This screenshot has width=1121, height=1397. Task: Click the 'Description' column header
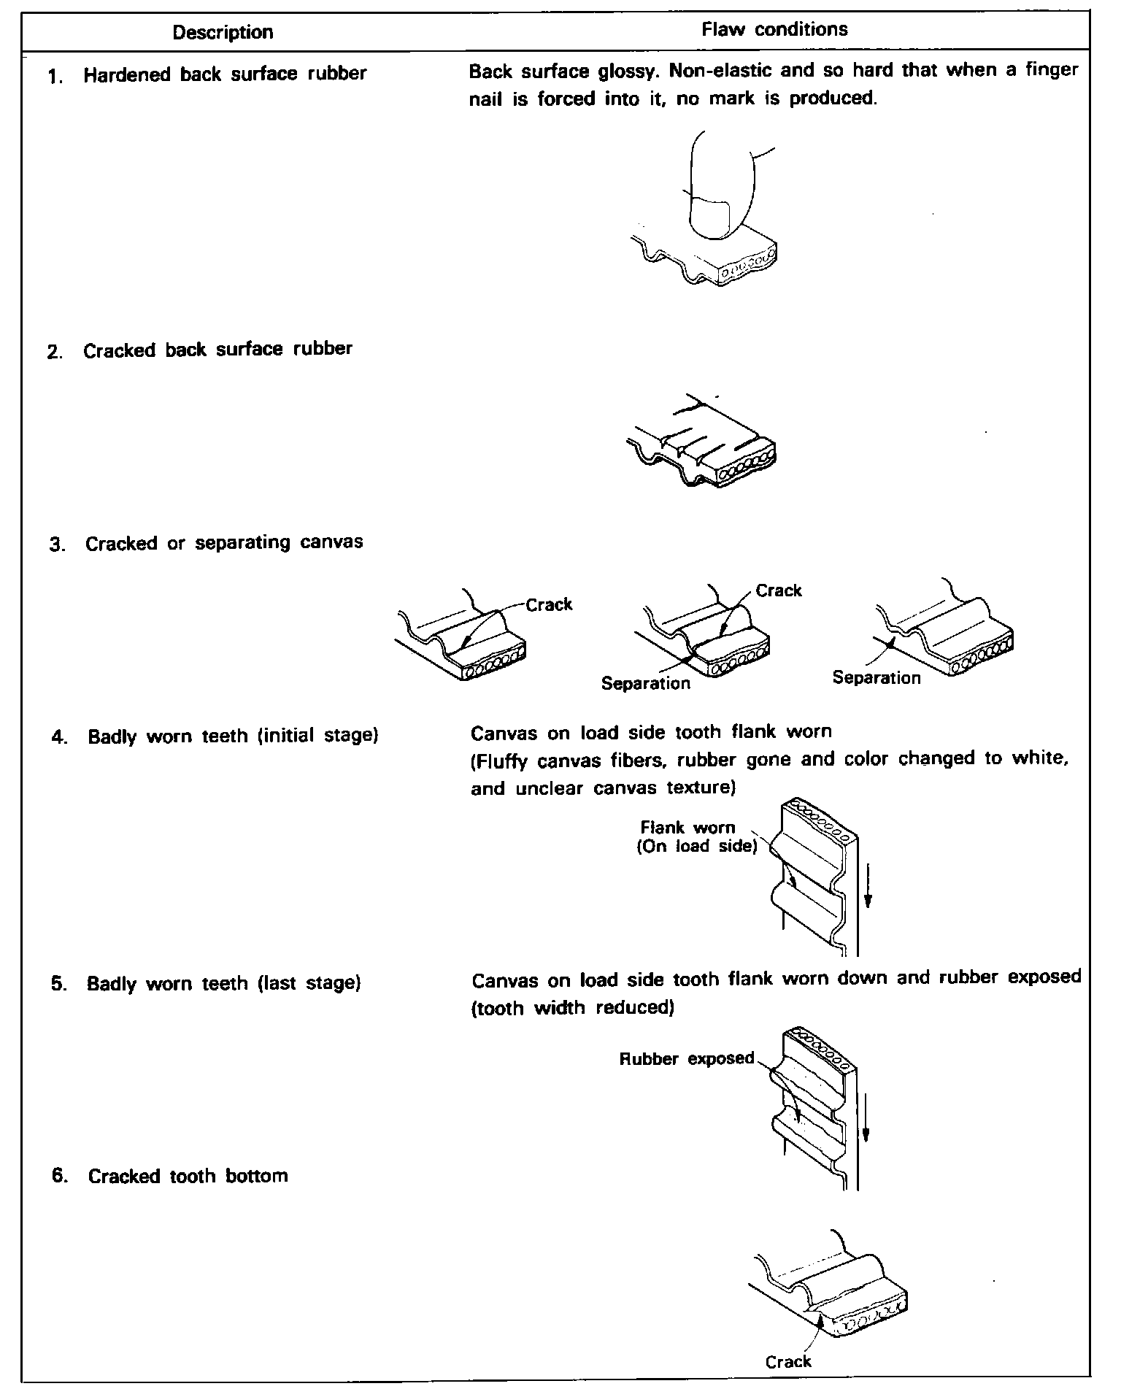pos(223,32)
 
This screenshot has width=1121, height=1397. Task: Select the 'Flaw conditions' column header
pos(774,30)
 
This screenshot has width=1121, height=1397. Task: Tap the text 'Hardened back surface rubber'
pos(225,74)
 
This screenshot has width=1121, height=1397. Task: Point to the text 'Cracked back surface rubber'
pos(217,350)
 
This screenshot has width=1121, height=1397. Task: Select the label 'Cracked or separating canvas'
pos(224,544)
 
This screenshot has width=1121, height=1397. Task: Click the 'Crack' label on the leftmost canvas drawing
pos(549,604)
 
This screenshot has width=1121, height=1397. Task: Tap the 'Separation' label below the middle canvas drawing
pos(645,683)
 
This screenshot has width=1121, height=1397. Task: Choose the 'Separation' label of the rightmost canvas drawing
pos(877,677)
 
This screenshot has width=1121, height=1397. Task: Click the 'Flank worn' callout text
pos(687,828)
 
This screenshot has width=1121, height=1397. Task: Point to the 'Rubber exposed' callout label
pos(686,1058)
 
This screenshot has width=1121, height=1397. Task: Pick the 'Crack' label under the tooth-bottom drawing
pos(788,1362)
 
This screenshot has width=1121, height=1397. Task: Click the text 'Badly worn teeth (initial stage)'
pos(233,736)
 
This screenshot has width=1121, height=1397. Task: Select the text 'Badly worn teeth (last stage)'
pos(224,984)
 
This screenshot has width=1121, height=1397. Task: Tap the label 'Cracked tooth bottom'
pos(188,1176)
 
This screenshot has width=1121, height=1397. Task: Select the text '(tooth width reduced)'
pos(572,1009)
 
